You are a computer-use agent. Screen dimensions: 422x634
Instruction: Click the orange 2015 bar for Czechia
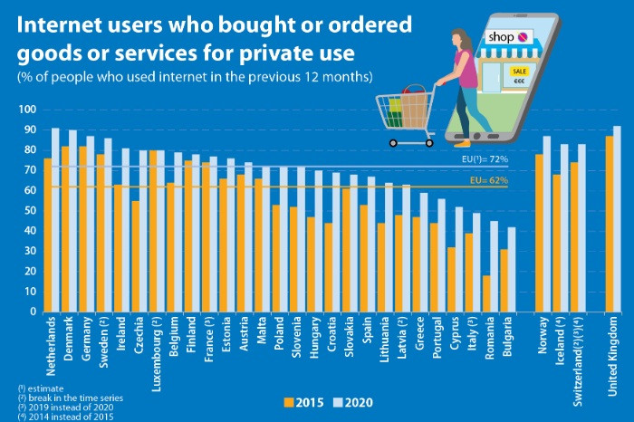point(135,256)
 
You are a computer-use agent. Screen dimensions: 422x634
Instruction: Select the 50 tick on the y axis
point(28,211)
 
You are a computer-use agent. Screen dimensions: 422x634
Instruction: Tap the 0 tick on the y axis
point(31,312)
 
